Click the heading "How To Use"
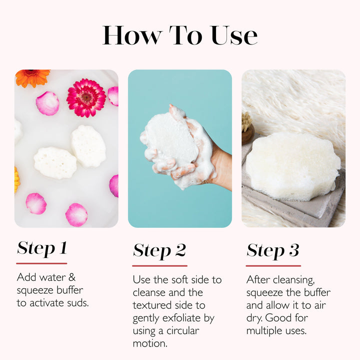pyautogui.click(x=180, y=35)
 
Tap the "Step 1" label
pyautogui.click(x=42, y=248)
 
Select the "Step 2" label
pyautogui.click(x=159, y=250)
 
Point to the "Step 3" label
pyautogui.click(x=272, y=250)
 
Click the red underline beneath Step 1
pyautogui.click(x=41, y=263)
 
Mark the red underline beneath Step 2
pyautogui.click(x=159, y=265)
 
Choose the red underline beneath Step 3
pyautogui.click(x=273, y=265)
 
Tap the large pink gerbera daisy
pyautogui.click(x=86, y=97)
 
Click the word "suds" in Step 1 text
pyautogui.click(x=76, y=303)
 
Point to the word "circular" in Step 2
pyautogui.click(x=181, y=330)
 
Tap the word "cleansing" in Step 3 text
pyautogui.click(x=293, y=279)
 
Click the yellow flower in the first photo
pyautogui.click(x=17, y=180)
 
